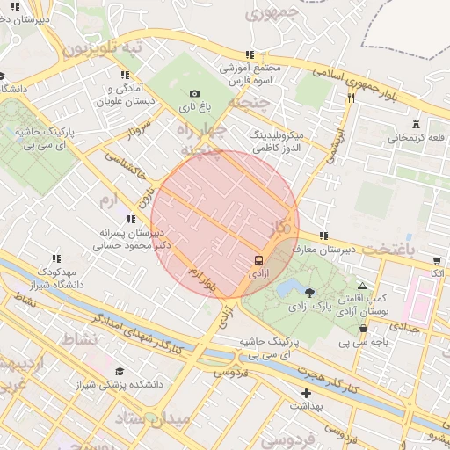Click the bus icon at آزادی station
coord(258,260)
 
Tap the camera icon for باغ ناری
coord(194,93)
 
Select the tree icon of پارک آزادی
coord(308,292)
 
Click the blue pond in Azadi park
coord(287,288)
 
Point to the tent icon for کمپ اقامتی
coord(363,287)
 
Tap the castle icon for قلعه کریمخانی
coord(416,123)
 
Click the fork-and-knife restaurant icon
coord(351,98)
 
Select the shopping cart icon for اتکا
coord(437,260)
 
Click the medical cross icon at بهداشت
coord(306,393)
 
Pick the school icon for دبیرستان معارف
coord(324,236)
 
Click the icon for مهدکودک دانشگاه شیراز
coord(57,258)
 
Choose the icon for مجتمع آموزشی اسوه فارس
coord(250,54)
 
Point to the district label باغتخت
coord(415,249)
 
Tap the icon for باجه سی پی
coord(363,328)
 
